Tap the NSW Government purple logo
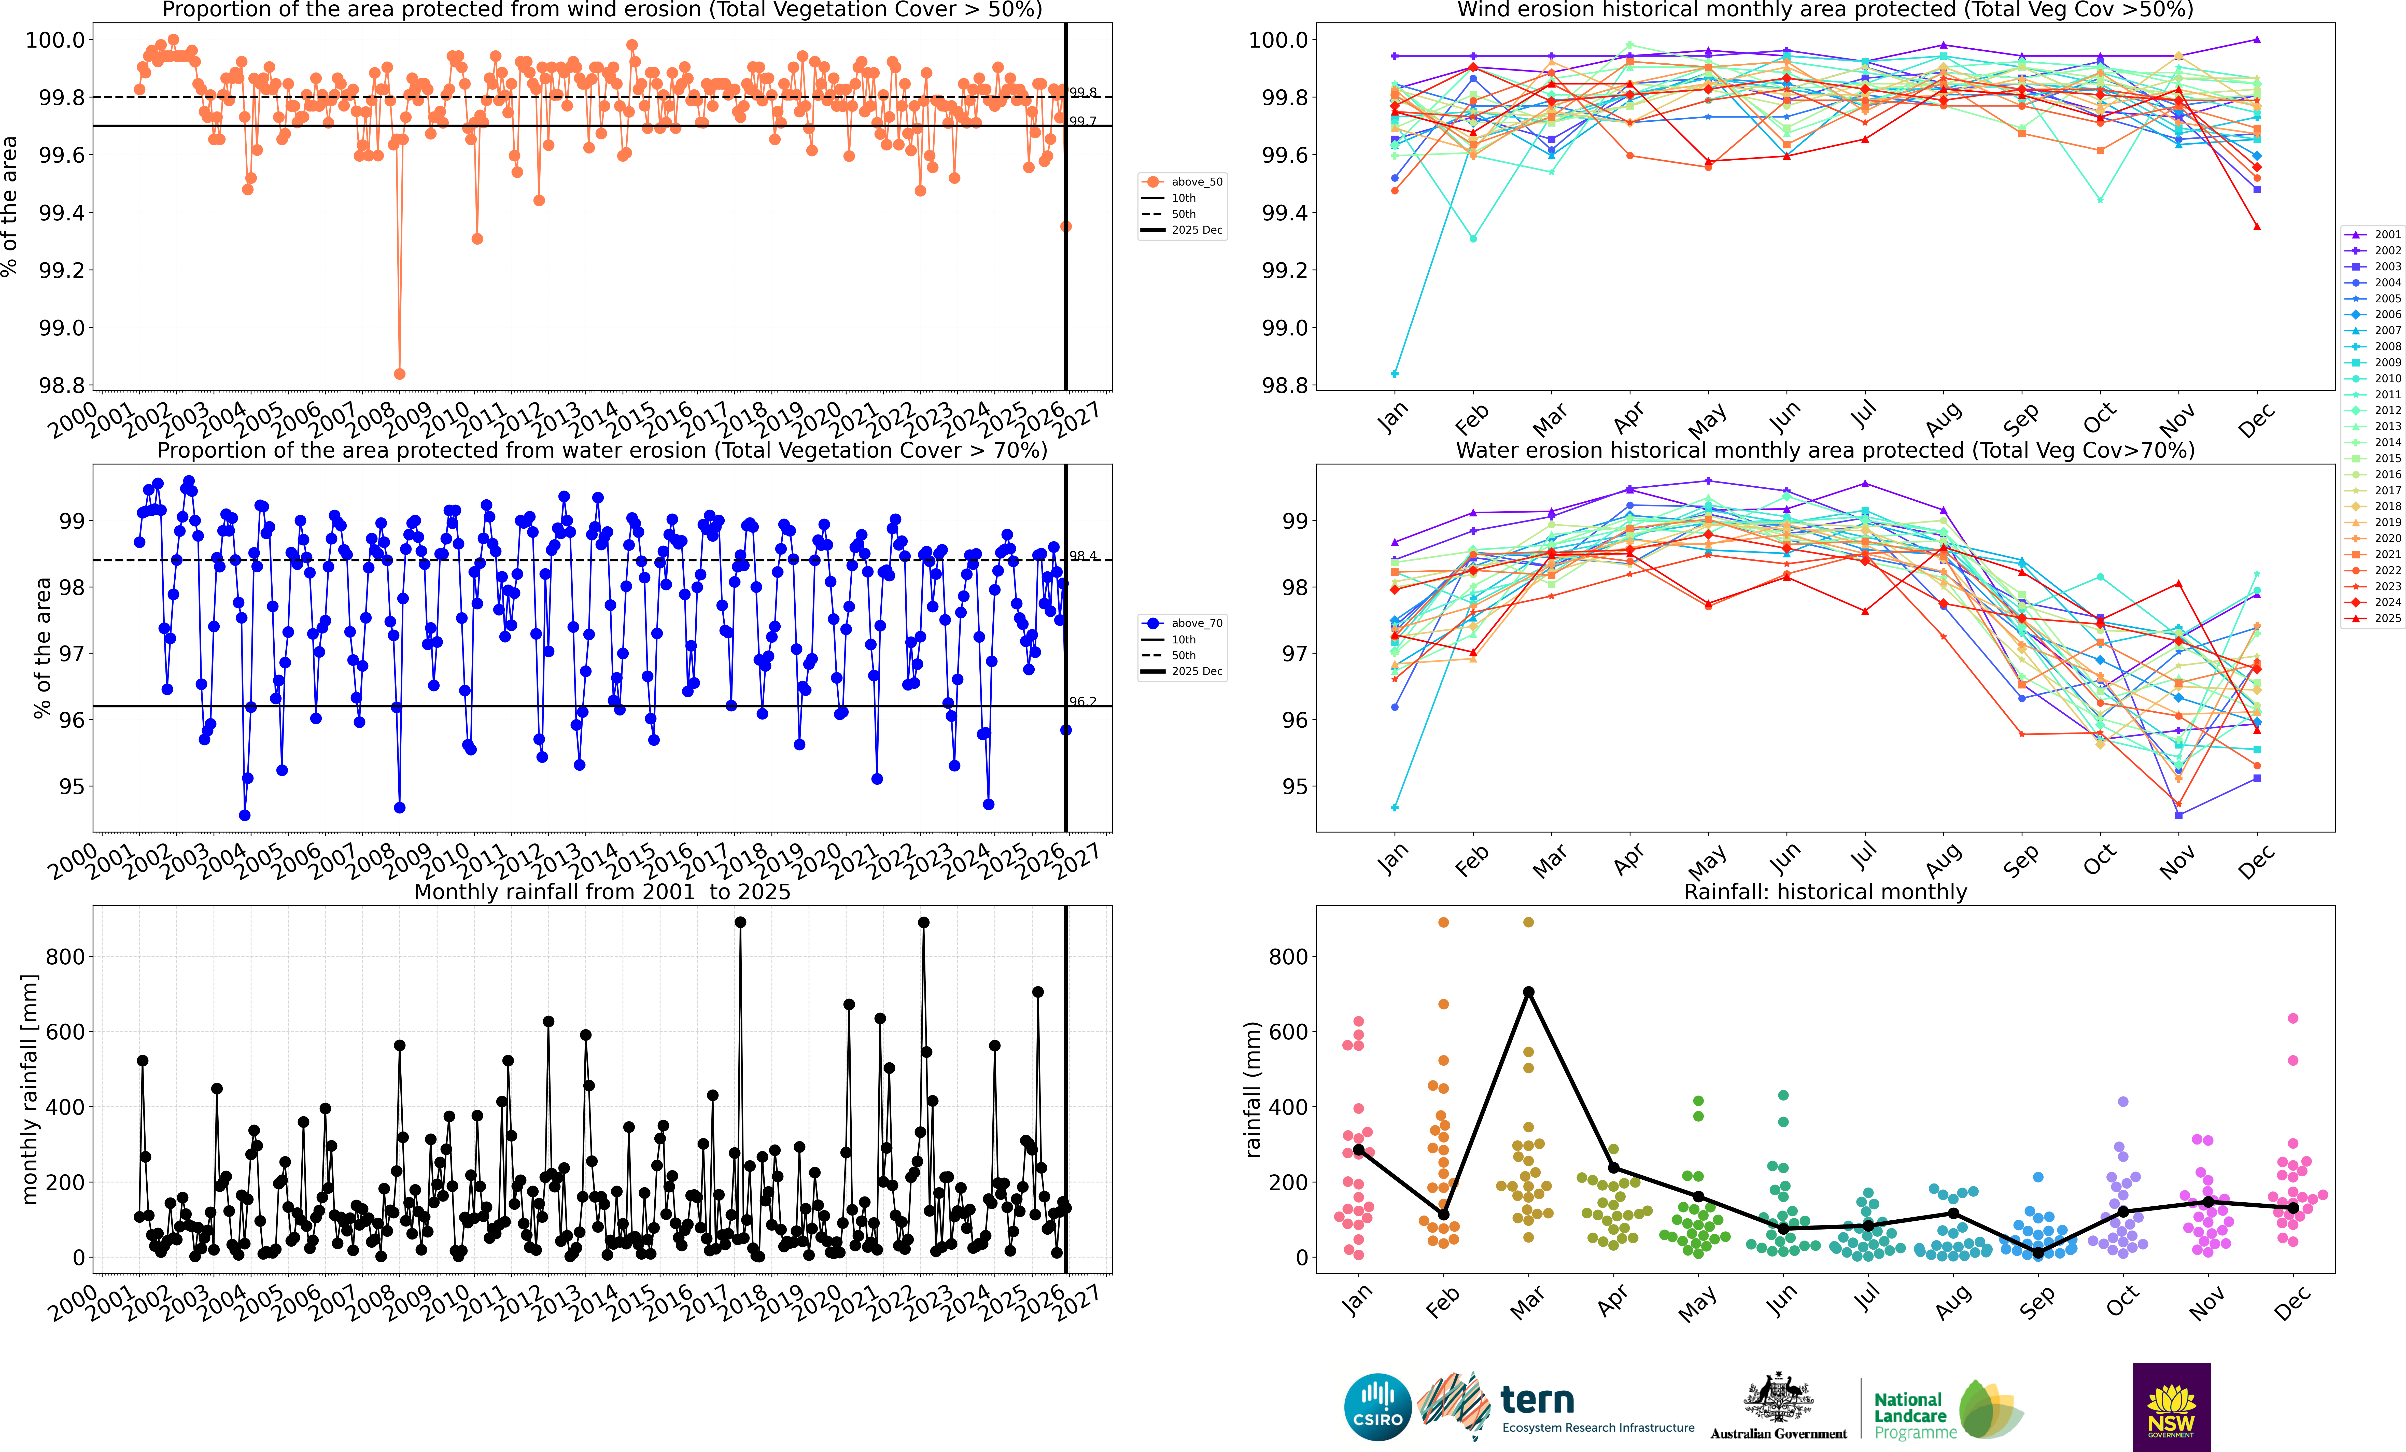tap(2171, 1406)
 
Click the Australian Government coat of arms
tap(1778, 1398)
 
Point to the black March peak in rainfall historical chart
tap(1528, 992)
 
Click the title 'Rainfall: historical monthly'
tap(1825, 892)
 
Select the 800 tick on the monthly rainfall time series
tap(65, 957)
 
